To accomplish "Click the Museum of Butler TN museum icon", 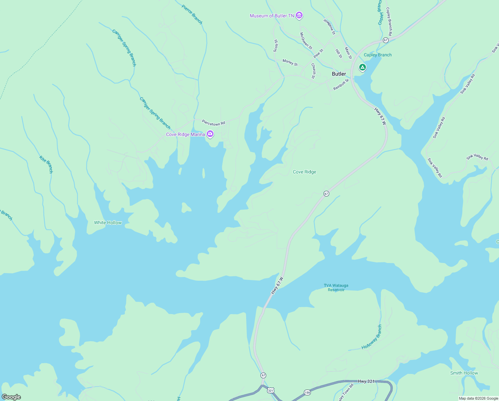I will pyautogui.click(x=299, y=15).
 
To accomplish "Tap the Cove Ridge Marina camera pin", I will pyautogui.click(x=210, y=134).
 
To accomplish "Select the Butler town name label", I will pyautogui.click(x=339, y=74).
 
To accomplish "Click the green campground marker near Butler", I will pyautogui.click(x=362, y=67).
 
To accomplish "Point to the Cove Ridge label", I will pyautogui.click(x=304, y=172).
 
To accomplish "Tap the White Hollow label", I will pyautogui.click(x=108, y=223).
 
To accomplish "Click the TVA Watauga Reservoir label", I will pyautogui.click(x=336, y=288).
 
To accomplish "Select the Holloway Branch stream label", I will pyautogui.click(x=372, y=337).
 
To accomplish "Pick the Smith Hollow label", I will pyautogui.click(x=464, y=373).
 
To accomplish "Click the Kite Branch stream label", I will pyautogui.click(x=46, y=164).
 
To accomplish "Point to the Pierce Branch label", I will pyautogui.click(x=192, y=14).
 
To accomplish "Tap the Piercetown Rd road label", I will pyautogui.click(x=213, y=123).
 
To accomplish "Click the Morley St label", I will pyautogui.click(x=290, y=62).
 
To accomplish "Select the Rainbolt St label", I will pyautogui.click(x=341, y=85).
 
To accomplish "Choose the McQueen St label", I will pyautogui.click(x=306, y=41).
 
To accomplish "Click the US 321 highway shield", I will pyautogui.click(x=271, y=390).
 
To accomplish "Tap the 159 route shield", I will pyautogui.click(x=307, y=392).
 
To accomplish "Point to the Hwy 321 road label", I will pyautogui.click(x=366, y=381).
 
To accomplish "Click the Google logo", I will pyautogui.click(x=11, y=397).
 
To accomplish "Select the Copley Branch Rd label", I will pyautogui.click(x=389, y=21).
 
